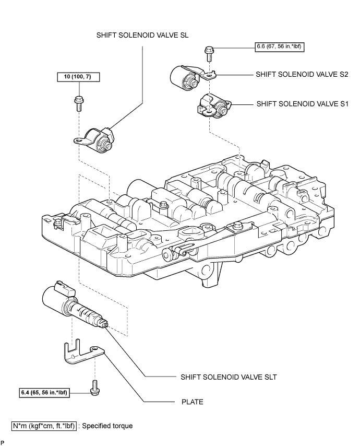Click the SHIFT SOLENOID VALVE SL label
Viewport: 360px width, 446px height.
142,36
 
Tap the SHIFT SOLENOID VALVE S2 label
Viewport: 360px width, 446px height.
302,74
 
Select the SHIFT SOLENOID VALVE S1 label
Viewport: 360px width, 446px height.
302,104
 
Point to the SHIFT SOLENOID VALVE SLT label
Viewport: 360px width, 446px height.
229,377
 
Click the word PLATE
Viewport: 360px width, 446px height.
193,402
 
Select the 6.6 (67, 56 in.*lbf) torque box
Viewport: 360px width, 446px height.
280,46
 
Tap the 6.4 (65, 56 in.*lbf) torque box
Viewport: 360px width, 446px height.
44,393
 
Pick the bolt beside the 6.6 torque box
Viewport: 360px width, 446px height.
209,53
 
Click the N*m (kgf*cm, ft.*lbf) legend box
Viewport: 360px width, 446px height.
44,426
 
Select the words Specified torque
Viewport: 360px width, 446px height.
107,426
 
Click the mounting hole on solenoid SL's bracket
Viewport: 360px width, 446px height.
78,140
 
